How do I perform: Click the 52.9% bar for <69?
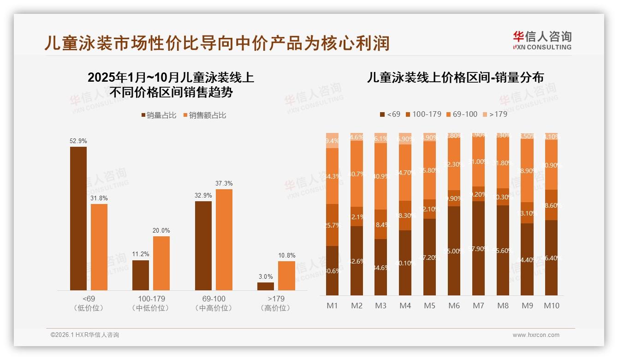[78, 218]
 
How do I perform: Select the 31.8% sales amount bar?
[99, 247]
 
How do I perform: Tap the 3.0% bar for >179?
[265, 286]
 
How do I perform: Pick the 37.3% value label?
[224, 183]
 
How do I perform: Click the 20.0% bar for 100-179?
[161, 263]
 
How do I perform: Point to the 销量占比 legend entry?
[158, 115]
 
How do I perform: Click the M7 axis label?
[478, 306]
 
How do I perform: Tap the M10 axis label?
[551, 306]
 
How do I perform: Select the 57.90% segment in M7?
[478, 248]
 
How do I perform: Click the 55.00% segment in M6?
[454, 251]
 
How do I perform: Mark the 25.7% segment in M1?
[332, 225]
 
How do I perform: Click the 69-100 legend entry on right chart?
[462, 114]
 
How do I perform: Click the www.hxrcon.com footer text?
[536, 335]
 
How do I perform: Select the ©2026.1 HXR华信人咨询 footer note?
[85, 335]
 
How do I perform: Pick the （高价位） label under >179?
[275, 308]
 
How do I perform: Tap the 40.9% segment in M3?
[380, 176]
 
